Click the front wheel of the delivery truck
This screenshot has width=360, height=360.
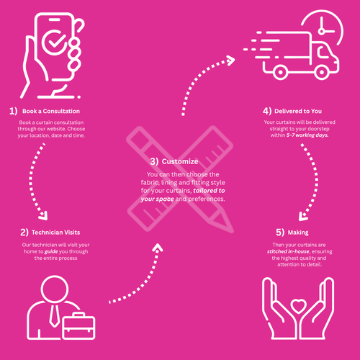pos(322,72)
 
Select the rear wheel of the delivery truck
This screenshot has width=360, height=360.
pos(280,72)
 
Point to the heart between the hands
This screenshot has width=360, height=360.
pos(298,306)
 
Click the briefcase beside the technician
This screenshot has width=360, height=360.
pos(78,325)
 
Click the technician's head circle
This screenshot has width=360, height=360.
pos(55,289)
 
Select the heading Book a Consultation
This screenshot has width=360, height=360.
pos(51,111)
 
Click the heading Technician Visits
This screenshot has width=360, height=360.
pos(55,233)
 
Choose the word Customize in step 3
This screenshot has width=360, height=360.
pos(180,161)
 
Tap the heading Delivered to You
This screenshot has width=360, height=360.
pos(298,111)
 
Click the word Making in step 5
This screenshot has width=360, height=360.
pos(298,233)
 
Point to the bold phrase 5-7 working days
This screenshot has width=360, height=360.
pos(307,135)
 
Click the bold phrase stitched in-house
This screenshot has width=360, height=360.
pos(288,251)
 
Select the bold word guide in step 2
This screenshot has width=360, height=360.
pos(51,252)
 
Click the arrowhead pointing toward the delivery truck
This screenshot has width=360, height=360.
pos(230,60)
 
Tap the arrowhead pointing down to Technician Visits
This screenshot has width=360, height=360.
pos(43,216)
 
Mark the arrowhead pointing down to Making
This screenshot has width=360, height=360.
pos(303,217)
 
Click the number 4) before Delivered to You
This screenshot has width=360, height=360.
pos(267,111)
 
